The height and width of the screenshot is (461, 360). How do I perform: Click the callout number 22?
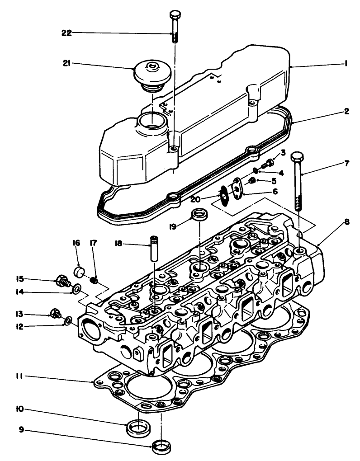tap(67, 33)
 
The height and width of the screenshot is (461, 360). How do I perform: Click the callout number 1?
tap(346, 64)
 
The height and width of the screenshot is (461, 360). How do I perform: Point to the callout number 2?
tap(346, 111)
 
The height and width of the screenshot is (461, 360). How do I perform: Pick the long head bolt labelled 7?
tap(298, 181)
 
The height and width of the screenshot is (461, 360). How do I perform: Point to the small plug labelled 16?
tap(80, 273)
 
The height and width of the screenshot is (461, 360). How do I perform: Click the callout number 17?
tap(94, 243)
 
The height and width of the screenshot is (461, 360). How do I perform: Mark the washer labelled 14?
tap(76, 288)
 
